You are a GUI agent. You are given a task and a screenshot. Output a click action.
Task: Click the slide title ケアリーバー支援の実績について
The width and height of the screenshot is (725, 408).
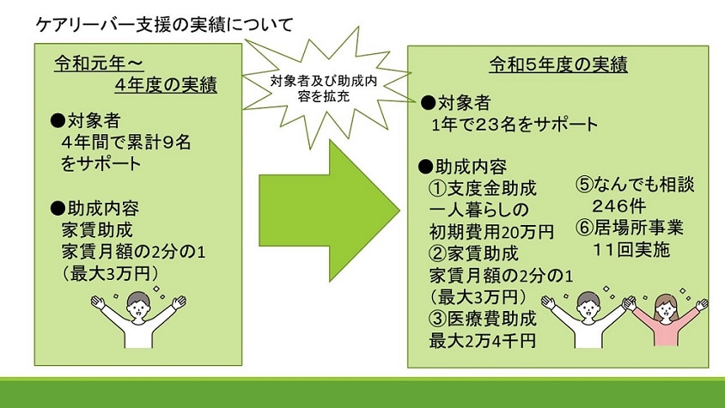click(x=165, y=25)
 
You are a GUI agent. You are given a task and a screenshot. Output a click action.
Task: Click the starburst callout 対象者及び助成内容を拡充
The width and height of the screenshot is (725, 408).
click(x=324, y=88)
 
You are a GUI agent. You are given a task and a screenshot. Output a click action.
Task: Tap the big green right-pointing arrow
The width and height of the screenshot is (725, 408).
click(x=329, y=210)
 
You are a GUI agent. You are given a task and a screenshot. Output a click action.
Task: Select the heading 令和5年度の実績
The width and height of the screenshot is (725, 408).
click(x=558, y=64)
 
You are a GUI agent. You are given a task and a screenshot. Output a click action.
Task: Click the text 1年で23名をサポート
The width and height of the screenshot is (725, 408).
click(x=515, y=124)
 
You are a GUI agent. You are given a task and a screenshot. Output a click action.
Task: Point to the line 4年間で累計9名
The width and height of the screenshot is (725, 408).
click(x=126, y=142)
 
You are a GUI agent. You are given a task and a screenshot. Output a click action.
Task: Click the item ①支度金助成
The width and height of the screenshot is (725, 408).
click(x=483, y=188)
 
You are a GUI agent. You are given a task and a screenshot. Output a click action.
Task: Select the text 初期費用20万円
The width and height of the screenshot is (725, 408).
click(x=491, y=231)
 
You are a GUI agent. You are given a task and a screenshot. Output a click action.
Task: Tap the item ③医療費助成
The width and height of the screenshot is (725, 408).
click(x=483, y=319)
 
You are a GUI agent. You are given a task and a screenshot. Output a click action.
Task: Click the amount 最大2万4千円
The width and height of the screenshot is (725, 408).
click(x=482, y=341)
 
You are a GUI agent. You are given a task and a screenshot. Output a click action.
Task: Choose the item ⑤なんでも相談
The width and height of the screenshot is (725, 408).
click(x=635, y=184)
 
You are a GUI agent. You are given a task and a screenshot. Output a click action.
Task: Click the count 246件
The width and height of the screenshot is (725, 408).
click(x=619, y=206)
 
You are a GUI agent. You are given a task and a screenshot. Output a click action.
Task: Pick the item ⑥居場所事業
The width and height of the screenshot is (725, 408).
click(x=630, y=228)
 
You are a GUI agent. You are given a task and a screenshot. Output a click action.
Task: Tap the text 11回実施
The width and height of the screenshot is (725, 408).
click(x=631, y=250)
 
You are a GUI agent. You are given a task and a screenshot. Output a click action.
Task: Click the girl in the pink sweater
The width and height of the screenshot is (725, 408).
click(x=666, y=320)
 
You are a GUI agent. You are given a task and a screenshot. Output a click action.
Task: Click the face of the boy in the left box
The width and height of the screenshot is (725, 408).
click(x=138, y=306)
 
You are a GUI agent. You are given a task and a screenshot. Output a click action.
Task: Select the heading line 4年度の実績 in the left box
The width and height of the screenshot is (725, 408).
click(x=166, y=85)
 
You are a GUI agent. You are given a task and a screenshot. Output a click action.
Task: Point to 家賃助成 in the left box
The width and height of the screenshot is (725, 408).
click(x=97, y=230)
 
